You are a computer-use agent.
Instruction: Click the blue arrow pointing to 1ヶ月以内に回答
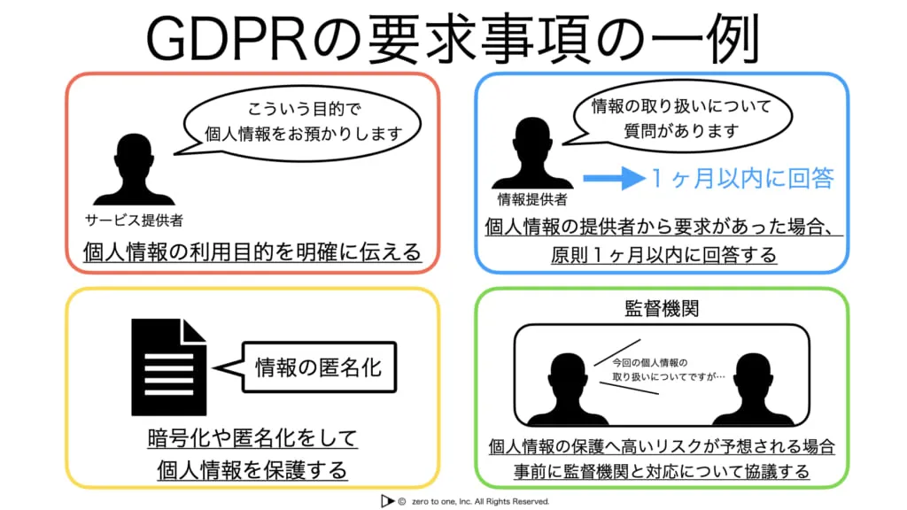(x=614, y=178)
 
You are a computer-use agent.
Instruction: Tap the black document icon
(x=169, y=367)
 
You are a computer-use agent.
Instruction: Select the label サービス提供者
(x=134, y=220)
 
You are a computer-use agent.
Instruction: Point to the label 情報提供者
(x=532, y=200)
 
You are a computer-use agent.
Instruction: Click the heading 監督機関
(x=662, y=308)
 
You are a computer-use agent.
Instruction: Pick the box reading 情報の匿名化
(x=319, y=367)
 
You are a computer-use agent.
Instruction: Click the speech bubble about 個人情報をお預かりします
(x=302, y=122)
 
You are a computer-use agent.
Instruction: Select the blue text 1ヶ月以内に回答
(x=743, y=178)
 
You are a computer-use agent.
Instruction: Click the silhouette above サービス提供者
(x=134, y=169)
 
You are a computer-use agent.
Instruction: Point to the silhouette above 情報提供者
(x=532, y=152)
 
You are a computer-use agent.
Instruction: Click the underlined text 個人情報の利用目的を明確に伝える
(x=252, y=252)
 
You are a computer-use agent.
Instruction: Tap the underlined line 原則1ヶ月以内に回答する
(x=663, y=255)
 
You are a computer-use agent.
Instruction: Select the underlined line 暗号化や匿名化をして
(x=252, y=438)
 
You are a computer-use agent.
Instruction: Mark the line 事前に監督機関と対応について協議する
(x=662, y=472)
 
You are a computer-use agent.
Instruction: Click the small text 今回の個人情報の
(x=649, y=362)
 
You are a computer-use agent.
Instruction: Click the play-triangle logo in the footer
(x=386, y=501)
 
